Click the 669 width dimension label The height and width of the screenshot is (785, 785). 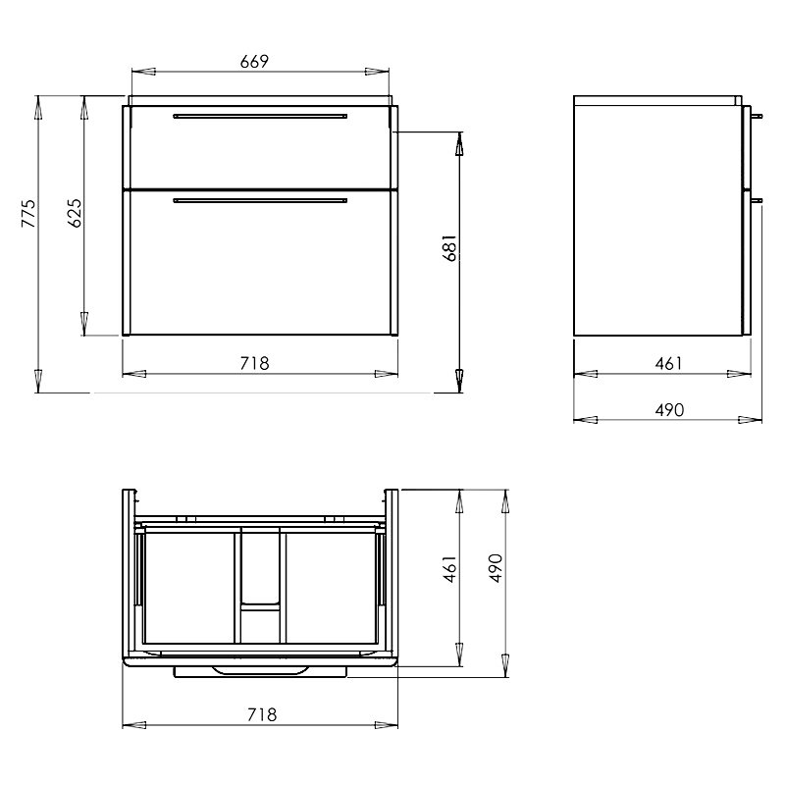(254, 61)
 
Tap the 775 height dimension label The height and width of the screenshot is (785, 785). (29, 213)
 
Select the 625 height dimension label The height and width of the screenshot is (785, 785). (75, 213)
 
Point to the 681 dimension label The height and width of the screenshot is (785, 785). (449, 247)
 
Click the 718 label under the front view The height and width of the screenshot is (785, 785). (254, 363)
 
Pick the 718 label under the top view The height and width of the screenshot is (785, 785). (262, 714)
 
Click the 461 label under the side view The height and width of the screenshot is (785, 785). (668, 363)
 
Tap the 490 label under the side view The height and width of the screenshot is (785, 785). (669, 410)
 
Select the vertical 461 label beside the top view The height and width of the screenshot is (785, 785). (450, 568)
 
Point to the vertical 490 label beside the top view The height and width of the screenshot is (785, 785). (495, 568)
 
